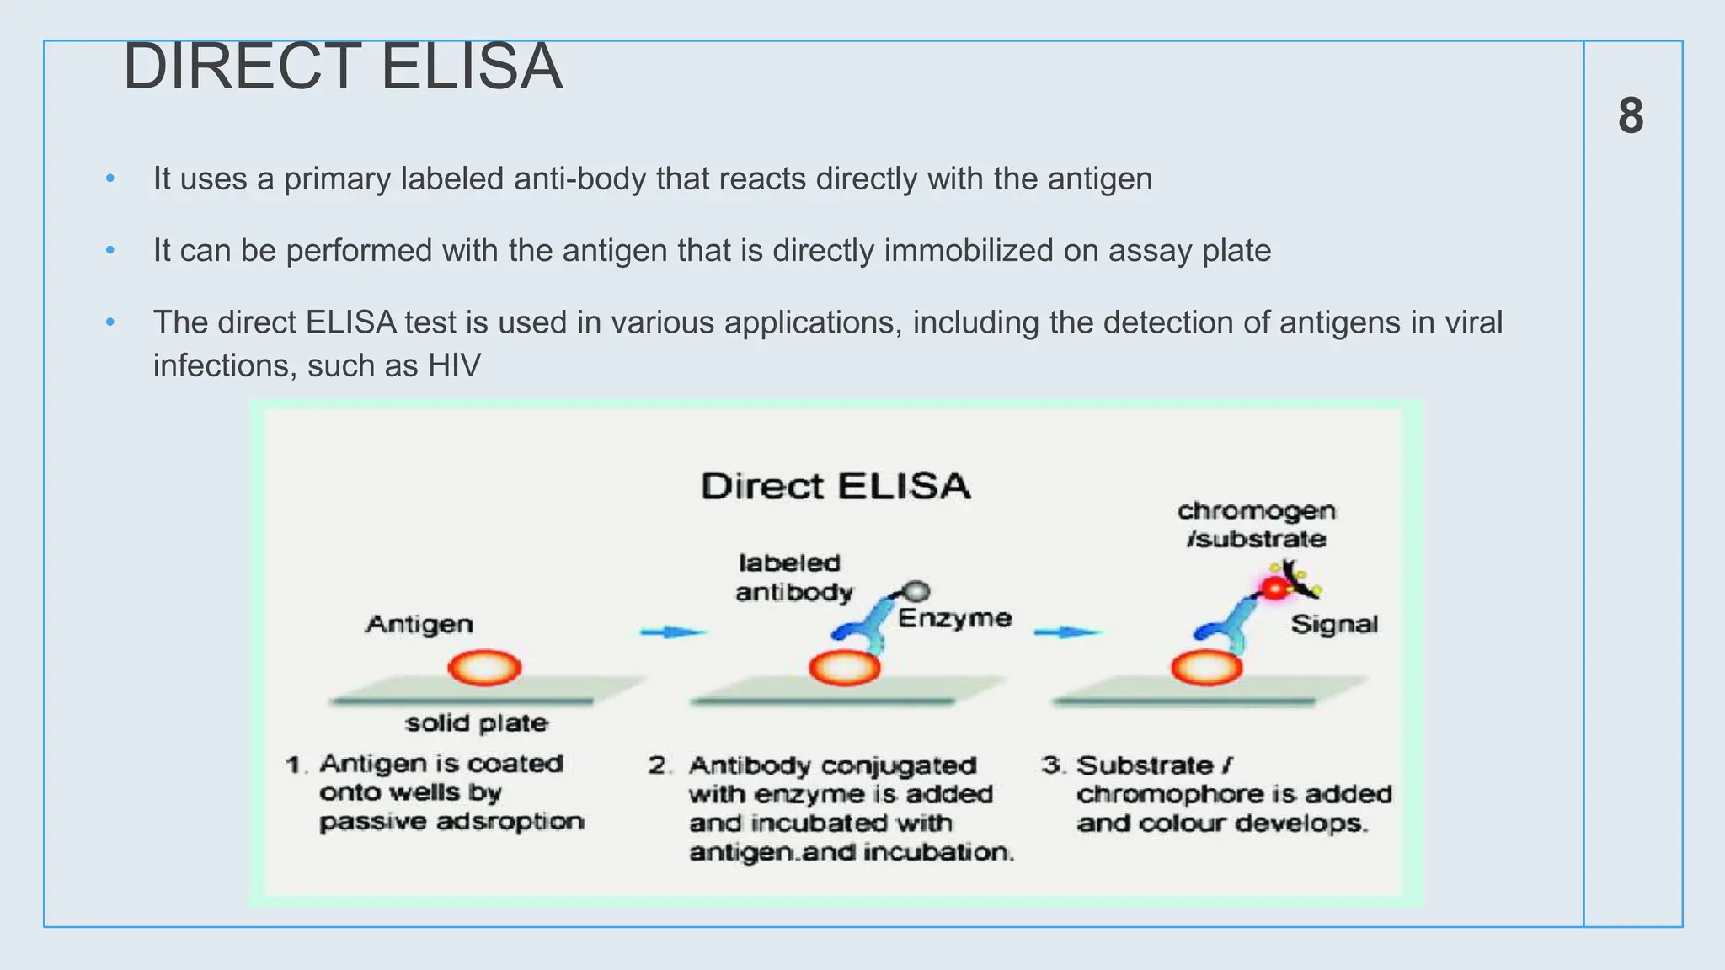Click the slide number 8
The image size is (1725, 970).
click(x=1631, y=115)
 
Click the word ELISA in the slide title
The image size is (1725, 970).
click(x=471, y=67)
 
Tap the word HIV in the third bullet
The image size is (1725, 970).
click(x=454, y=366)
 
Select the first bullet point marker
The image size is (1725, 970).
click(x=110, y=179)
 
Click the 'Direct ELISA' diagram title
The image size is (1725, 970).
click(x=836, y=487)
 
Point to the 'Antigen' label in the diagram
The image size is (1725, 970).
click(x=419, y=624)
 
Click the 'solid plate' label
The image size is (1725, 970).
click(x=477, y=722)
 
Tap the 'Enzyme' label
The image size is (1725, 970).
click(x=954, y=618)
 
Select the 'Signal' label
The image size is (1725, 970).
click(x=1334, y=624)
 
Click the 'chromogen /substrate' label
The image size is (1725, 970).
click(x=1256, y=525)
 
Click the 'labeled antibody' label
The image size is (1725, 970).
click(x=792, y=578)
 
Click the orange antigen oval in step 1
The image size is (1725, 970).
click(x=484, y=668)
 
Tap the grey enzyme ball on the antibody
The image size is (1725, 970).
click(x=916, y=590)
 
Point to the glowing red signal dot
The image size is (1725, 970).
click(x=1275, y=588)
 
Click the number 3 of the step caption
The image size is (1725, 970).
click(x=1050, y=765)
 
